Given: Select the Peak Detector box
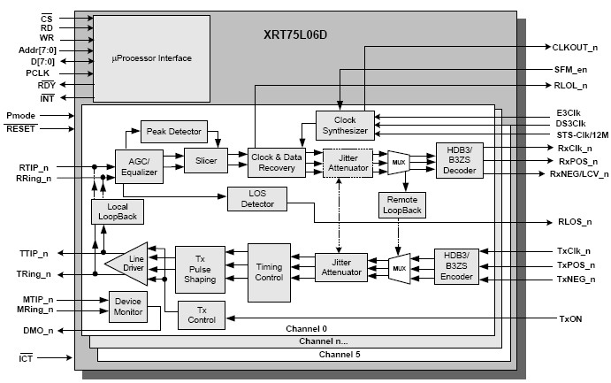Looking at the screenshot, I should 173,132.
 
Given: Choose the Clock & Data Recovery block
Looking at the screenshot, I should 276,160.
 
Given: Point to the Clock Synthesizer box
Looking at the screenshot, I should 345,125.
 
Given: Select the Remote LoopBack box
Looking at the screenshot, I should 402,205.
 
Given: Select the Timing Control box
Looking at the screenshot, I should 269,272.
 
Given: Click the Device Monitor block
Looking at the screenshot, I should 128,307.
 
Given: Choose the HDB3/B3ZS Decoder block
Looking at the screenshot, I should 459,160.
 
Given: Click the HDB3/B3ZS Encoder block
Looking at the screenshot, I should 455,265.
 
